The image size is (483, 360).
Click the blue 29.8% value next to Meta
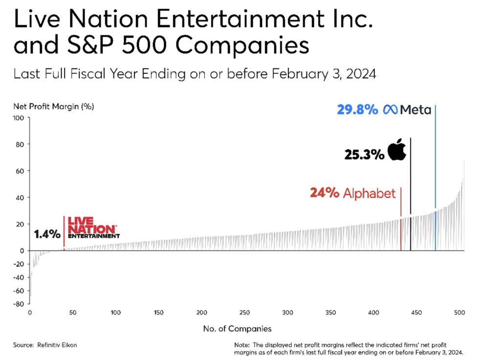click(x=357, y=110)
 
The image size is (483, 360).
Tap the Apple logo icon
click(x=397, y=151)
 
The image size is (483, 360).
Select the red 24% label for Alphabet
click(x=324, y=193)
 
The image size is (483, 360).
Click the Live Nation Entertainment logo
click(x=93, y=228)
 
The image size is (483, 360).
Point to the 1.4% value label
click(x=47, y=234)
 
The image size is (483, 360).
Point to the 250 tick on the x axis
click(x=244, y=313)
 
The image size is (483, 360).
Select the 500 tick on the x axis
click(x=460, y=313)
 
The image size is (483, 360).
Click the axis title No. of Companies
click(x=237, y=329)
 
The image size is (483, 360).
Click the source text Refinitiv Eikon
click(x=57, y=345)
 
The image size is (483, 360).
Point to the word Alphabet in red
click(x=369, y=193)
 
